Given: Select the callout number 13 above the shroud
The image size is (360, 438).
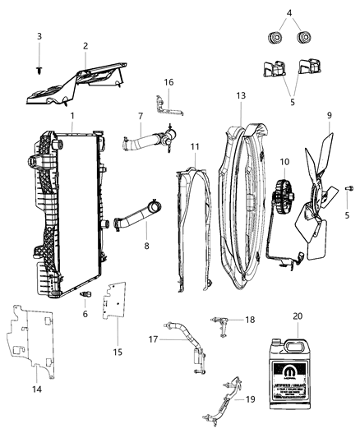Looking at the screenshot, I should tap(241, 96).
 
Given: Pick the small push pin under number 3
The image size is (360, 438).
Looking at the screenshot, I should tap(39, 72).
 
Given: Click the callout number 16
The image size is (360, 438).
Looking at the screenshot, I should tap(168, 83).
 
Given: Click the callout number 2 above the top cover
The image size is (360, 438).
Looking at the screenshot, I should tap(85, 47).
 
